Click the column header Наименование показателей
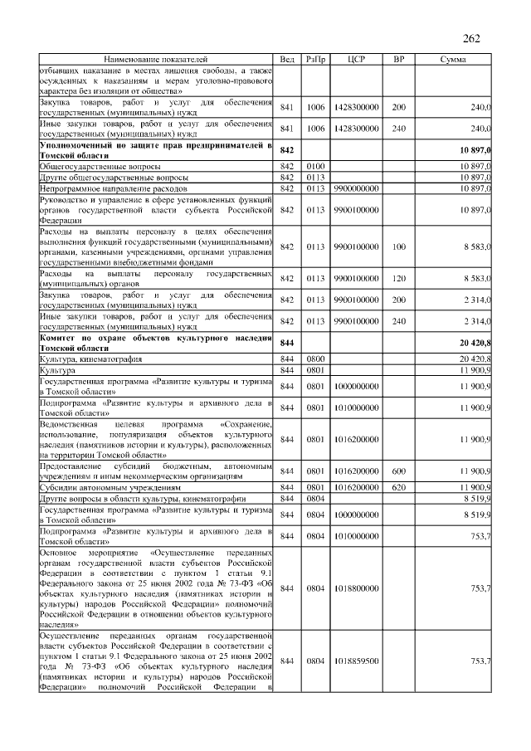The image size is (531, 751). pyautogui.click(x=156, y=61)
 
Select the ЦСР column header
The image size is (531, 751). pyautogui.click(x=357, y=61)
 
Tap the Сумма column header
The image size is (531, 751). pyautogui.click(x=452, y=61)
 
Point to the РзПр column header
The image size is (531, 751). pyautogui.click(x=315, y=61)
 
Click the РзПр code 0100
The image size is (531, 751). pyautogui.click(x=315, y=167)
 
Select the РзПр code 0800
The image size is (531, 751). pyautogui.click(x=315, y=358)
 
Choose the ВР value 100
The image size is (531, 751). pyautogui.click(x=398, y=247)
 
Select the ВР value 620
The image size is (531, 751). pyautogui.click(x=398, y=487)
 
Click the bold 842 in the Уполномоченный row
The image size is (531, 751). pyautogui.click(x=288, y=150)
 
